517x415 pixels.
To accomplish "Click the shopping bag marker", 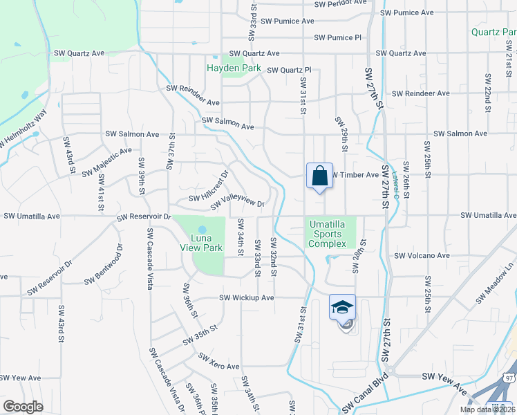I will [319, 176].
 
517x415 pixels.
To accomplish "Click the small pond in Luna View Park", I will [202, 229].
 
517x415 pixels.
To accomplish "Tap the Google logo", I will [23, 406].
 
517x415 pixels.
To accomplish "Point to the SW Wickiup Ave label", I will [247, 298].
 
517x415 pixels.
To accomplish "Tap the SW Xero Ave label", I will [218, 362].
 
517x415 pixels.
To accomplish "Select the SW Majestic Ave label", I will [106, 161].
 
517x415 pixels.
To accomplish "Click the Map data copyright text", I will [487, 409].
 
